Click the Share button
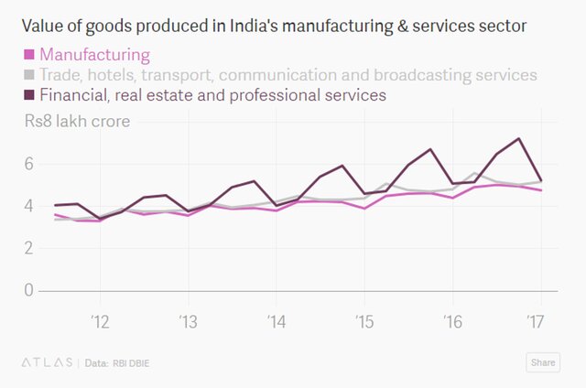click(x=542, y=362)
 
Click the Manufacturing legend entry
click(x=95, y=55)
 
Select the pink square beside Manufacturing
click(x=29, y=56)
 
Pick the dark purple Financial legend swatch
click(x=29, y=94)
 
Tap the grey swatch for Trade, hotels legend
click(x=29, y=75)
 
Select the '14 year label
click(x=276, y=321)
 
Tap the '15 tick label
click(x=364, y=321)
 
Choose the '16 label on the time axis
click(x=451, y=321)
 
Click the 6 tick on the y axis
click(x=28, y=164)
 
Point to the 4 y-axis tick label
click(x=28, y=206)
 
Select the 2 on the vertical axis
click(x=28, y=248)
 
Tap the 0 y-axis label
click(x=28, y=290)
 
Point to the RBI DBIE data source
click(x=132, y=363)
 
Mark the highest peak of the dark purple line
click(x=519, y=139)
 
